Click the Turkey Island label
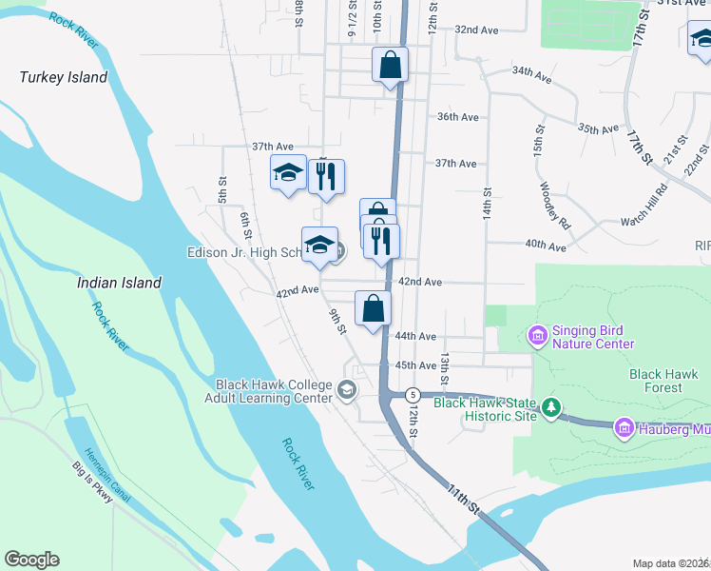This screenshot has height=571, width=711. click(x=64, y=77)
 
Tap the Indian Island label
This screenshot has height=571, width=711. click(x=119, y=283)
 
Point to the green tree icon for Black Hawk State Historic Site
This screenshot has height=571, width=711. click(x=550, y=408)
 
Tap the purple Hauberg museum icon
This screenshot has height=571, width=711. click(x=625, y=428)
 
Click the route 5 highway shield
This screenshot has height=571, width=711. click(x=412, y=394)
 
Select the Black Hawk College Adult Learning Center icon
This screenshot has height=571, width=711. click(x=347, y=388)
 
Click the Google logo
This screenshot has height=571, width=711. click(x=31, y=560)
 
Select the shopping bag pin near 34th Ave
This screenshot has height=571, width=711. click(x=390, y=66)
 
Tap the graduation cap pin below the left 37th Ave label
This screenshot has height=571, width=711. click(x=288, y=173)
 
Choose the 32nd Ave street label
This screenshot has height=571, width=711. click(x=476, y=30)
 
